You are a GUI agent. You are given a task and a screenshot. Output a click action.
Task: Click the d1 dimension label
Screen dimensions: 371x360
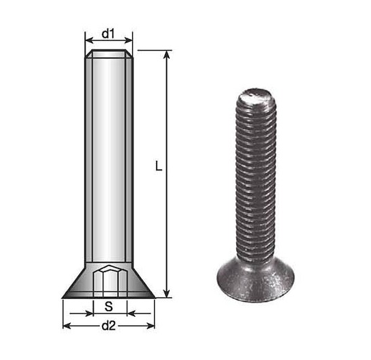click(x=108, y=34)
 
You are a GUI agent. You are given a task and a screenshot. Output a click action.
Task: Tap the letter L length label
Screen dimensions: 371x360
click(x=159, y=166)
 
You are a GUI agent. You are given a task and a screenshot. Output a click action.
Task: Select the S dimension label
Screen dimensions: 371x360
click(x=109, y=307)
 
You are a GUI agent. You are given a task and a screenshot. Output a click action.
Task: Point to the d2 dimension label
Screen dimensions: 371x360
click(x=108, y=326)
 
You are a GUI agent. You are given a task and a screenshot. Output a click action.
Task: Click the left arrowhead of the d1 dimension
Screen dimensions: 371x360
click(x=89, y=40)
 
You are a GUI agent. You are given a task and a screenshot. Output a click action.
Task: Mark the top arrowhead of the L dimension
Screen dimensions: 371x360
click(x=167, y=55)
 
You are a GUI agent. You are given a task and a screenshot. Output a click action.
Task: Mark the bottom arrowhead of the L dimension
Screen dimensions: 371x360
click(x=167, y=293)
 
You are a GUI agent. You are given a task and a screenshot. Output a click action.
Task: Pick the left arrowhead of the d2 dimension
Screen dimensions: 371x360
click(x=67, y=326)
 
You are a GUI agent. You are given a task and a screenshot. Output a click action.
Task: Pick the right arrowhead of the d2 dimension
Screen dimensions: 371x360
click(x=150, y=326)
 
